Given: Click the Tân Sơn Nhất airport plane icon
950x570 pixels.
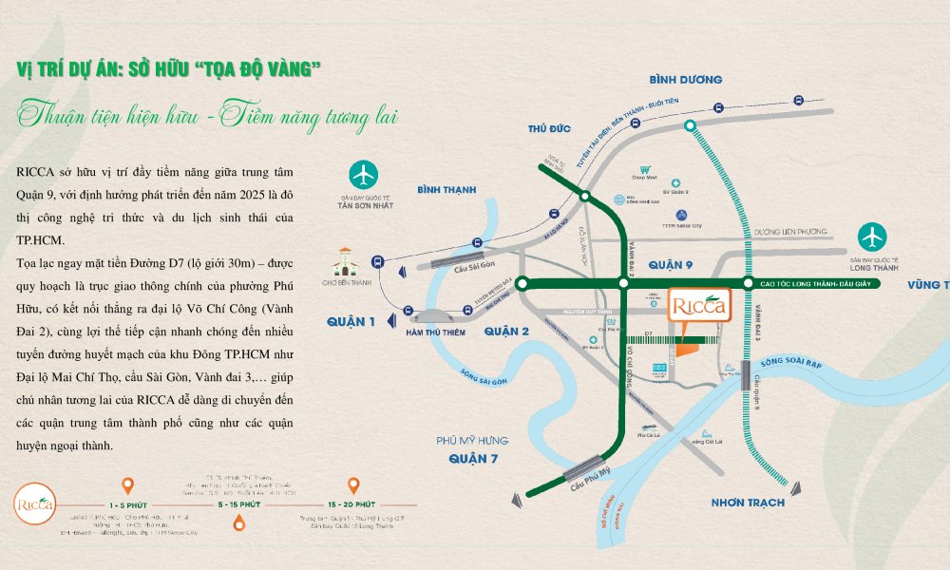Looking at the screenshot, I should click(363, 175).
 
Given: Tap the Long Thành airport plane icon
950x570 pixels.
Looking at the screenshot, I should click(872, 237).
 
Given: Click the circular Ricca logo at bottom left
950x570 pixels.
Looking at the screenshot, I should click(36, 502).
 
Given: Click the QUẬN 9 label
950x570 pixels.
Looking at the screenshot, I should click(673, 262).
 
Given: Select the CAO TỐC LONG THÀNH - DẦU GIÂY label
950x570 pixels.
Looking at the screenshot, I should click(816, 283).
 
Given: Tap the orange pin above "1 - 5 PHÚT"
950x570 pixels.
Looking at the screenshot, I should click(129, 485).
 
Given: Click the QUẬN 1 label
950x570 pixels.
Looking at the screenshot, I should click(351, 322).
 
